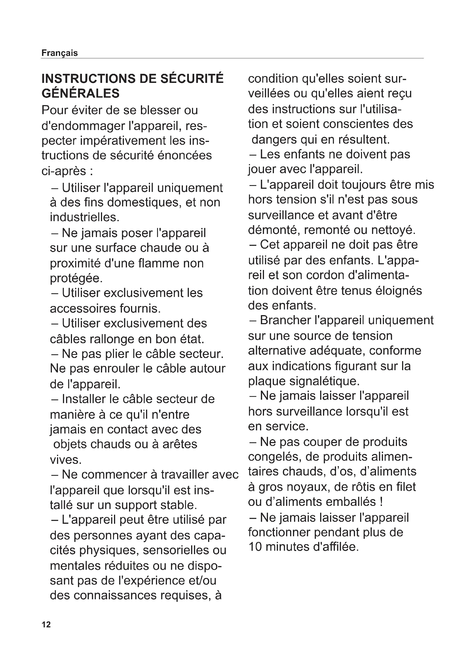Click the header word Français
point(60,53)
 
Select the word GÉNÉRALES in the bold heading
point(81,93)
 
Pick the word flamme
point(158,263)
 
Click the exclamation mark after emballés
point(381,502)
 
